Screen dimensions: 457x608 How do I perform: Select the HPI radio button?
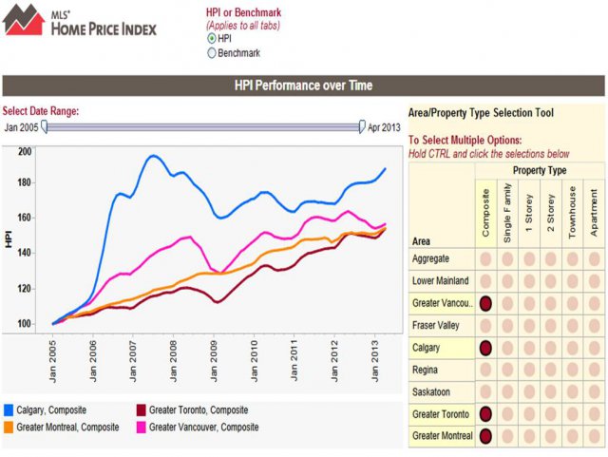pos(212,38)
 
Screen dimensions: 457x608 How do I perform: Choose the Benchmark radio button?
pos(212,53)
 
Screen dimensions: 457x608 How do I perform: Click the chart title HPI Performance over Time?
pos(303,86)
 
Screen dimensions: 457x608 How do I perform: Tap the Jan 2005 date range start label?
pos(23,126)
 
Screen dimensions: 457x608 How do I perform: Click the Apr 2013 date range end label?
pos(386,126)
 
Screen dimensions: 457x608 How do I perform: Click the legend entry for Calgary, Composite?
pos(57,410)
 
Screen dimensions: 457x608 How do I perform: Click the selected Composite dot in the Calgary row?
pos(486,348)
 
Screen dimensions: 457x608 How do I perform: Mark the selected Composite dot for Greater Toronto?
pos(486,414)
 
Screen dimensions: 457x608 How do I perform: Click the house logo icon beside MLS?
pos(24,20)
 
